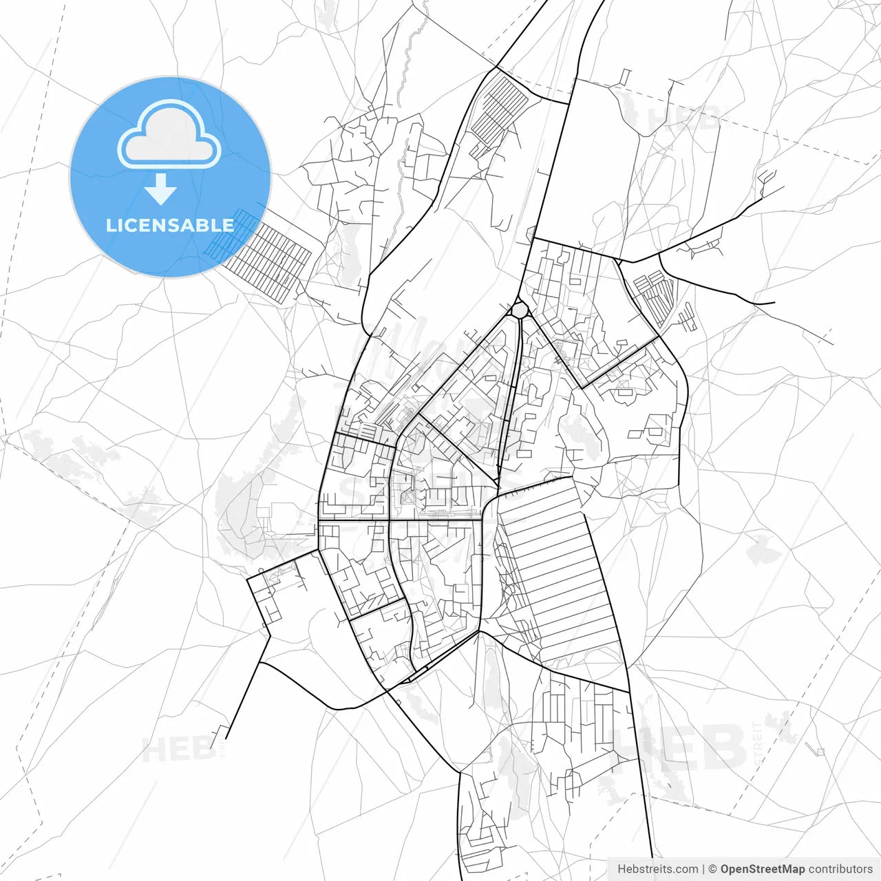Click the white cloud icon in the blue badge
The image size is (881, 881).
pos(169,136)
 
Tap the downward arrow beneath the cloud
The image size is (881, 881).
pos(161,189)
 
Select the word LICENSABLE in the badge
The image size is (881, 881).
pos(170,225)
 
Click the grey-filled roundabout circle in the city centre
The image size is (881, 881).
pos(520,310)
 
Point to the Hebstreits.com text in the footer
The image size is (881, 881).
pos(657,869)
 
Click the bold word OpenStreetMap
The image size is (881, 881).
pos(762,869)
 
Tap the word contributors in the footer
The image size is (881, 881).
pos(840,869)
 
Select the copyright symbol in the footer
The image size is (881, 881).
pos(712,869)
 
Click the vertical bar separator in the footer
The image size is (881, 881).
pos(703,869)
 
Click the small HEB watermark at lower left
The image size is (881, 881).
pos(178,749)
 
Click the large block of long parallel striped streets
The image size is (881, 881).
pos(558,571)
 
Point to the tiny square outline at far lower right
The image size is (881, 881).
pos(820,751)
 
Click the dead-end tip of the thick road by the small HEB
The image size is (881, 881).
pos(226,739)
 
